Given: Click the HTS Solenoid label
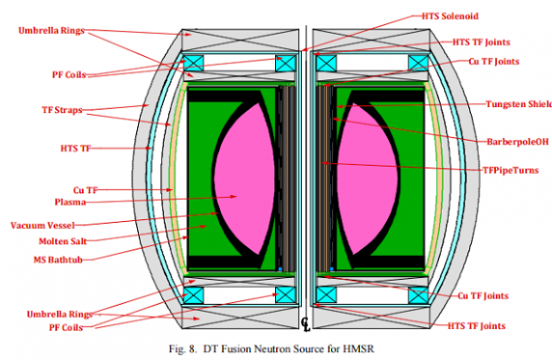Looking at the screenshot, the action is (450, 16).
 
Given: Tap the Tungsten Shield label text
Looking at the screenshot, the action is (519, 104).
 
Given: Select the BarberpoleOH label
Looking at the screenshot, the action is (517, 142).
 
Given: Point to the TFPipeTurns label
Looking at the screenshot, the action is (510, 170).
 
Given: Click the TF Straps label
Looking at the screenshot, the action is (62, 110).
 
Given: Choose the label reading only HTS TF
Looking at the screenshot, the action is (76, 148).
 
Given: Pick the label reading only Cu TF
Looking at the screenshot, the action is (85, 190).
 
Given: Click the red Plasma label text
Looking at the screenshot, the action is (70, 202).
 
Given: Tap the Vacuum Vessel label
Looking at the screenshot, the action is (43, 225).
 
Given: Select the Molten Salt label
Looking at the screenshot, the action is (62, 241).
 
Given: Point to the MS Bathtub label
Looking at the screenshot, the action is (58, 260).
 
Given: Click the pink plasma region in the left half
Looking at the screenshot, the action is (244, 179).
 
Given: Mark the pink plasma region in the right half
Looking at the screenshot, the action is (368, 179).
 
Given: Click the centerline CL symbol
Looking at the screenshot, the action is (305, 324).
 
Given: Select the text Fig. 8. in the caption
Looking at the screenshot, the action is (183, 349).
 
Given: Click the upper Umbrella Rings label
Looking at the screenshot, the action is (52, 30).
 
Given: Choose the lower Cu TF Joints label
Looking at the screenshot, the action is (483, 296).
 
